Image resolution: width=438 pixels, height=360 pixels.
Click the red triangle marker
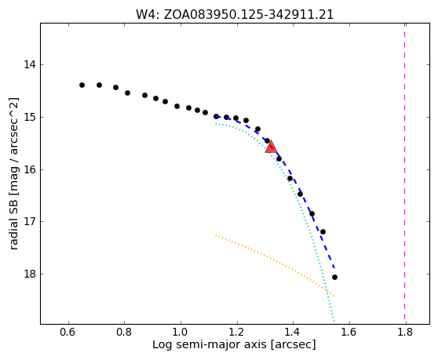(x=271, y=147)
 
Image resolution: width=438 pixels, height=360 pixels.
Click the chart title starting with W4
(x=235, y=15)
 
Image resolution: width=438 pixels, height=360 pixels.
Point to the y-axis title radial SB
(x=13, y=173)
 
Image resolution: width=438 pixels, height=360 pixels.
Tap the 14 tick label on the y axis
(x=30, y=65)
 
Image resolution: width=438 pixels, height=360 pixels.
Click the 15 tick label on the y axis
(x=30, y=117)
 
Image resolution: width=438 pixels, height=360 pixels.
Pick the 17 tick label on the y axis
(x=30, y=222)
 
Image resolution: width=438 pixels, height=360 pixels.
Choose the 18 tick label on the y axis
(x=30, y=274)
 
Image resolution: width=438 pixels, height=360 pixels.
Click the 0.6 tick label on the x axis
(x=68, y=332)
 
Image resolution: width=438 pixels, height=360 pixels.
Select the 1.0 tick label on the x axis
(x=181, y=332)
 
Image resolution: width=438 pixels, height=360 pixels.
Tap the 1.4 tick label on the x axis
(x=293, y=332)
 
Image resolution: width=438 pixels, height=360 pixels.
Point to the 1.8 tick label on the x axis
(x=406, y=332)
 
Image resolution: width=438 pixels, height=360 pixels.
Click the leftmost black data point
(x=82, y=85)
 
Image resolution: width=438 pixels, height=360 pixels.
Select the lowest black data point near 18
(x=334, y=277)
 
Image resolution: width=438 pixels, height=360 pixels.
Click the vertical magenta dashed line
(x=404, y=173)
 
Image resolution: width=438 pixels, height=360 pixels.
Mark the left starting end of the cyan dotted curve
(x=216, y=124)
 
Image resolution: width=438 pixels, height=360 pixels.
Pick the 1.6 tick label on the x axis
(x=349, y=332)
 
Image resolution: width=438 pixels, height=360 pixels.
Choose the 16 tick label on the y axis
(x=30, y=169)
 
